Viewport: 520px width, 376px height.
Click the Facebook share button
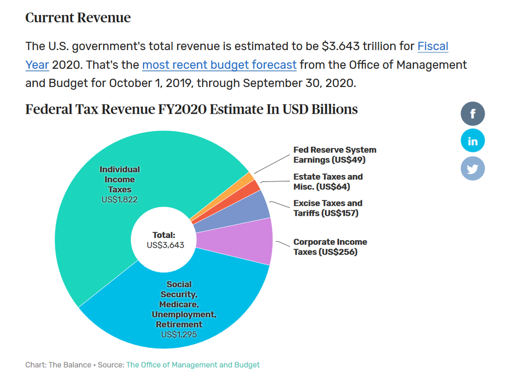pyautogui.click(x=473, y=114)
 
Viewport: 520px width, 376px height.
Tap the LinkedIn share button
pyautogui.click(x=473, y=141)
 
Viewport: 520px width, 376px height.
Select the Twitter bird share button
pyautogui.click(x=473, y=168)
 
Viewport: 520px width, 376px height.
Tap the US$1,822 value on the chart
pyautogui.click(x=119, y=199)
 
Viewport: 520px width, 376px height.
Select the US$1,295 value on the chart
pyautogui.click(x=179, y=334)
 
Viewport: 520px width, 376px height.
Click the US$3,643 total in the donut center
pyautogui.click(x=165, y=245)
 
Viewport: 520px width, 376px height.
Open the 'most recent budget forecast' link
pyautogui.click(x=219, y=65)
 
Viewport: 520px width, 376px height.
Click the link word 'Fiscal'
pyautogui.click(x=433, y=46)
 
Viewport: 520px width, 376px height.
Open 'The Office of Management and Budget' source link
pyautogui.click(x=193, y=365)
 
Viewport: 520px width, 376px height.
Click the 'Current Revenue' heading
pyautogui.click(x=78, y=18)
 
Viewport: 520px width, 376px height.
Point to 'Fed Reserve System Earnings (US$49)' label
pyautogui.click(x=335, y=155)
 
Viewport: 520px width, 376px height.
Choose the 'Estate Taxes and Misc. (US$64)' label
pyautogui.click(x=328, y=182)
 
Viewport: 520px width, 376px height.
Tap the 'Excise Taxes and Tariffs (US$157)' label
pyautogui.click(x=327, y=208)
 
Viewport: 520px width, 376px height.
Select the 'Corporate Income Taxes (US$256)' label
pyautogui.click(x=330, y=246)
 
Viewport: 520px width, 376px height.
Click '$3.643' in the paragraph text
pyautogui.click(x=340, y=46)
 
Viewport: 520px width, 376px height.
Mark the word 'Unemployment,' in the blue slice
pyautogui.click(x=184, y=314)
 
